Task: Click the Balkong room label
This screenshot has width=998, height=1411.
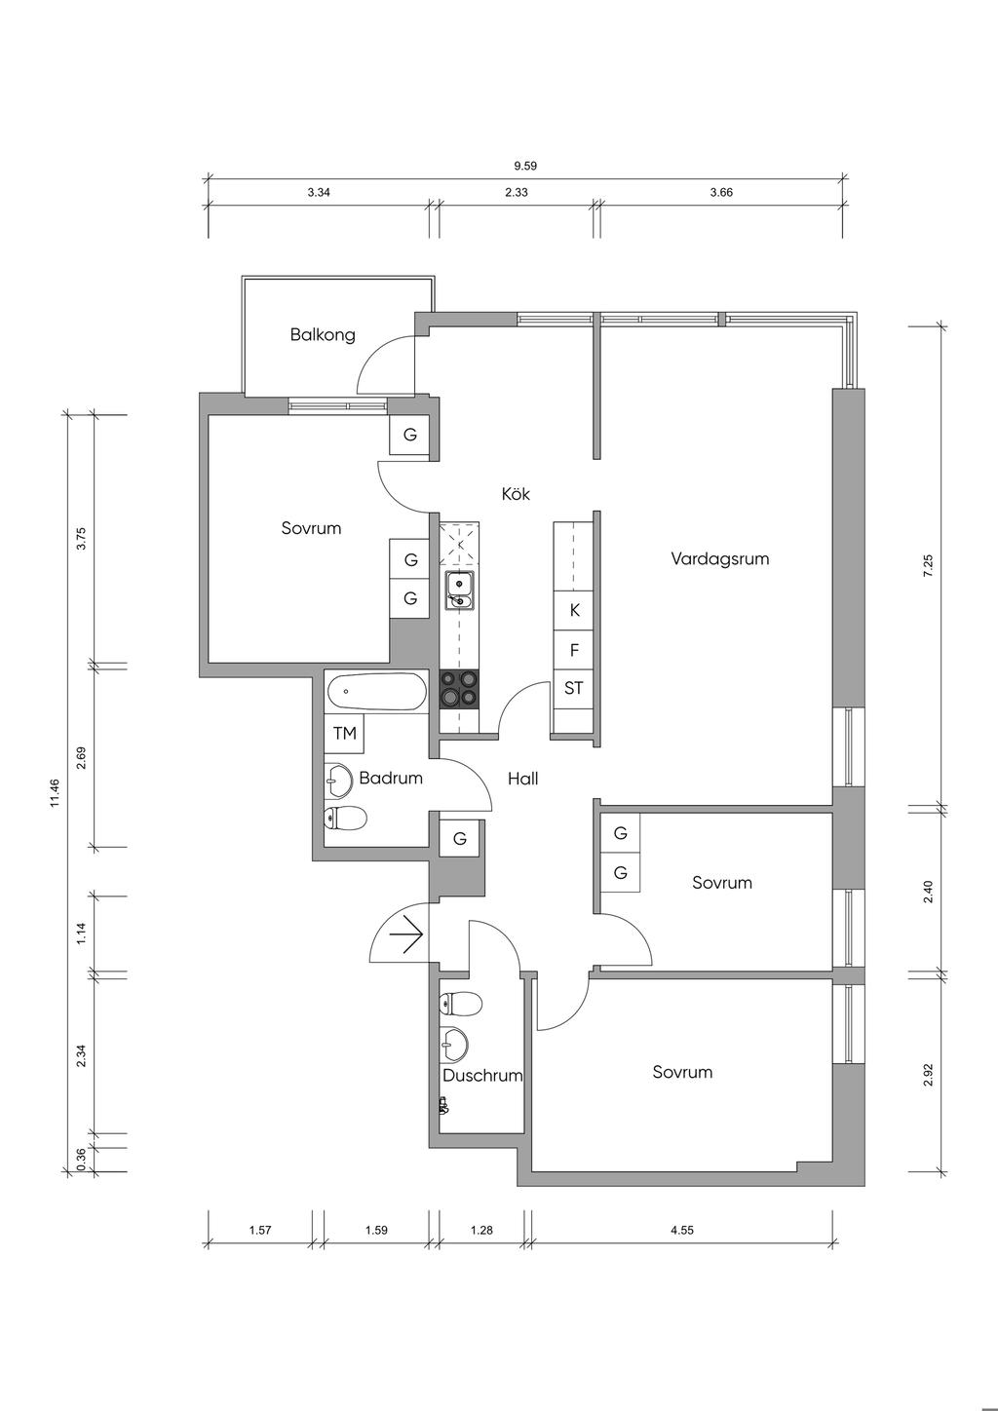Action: [323, 334]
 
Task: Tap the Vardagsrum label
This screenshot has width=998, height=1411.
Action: [719, 558]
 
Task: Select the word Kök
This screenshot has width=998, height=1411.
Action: [516, 493]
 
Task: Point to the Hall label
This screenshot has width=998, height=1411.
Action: [523, 780]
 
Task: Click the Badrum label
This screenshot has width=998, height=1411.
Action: [391, 778]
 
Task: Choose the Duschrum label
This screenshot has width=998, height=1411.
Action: [482, 1075]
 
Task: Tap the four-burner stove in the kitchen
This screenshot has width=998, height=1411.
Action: [459, 688]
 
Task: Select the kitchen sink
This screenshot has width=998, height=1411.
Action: [460, 591]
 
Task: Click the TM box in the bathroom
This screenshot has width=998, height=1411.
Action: [345, 733]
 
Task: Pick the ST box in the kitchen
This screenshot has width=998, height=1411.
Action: [573, 689]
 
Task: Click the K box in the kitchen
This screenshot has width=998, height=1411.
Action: [573, 610]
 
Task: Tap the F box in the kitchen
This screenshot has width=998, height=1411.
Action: [573, 649]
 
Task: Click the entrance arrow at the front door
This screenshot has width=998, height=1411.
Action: [405, 934]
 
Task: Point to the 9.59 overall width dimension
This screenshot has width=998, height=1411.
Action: [525, 167]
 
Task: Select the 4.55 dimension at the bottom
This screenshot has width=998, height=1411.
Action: [681, 1229]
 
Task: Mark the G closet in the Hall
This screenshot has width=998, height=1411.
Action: [460, 838]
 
